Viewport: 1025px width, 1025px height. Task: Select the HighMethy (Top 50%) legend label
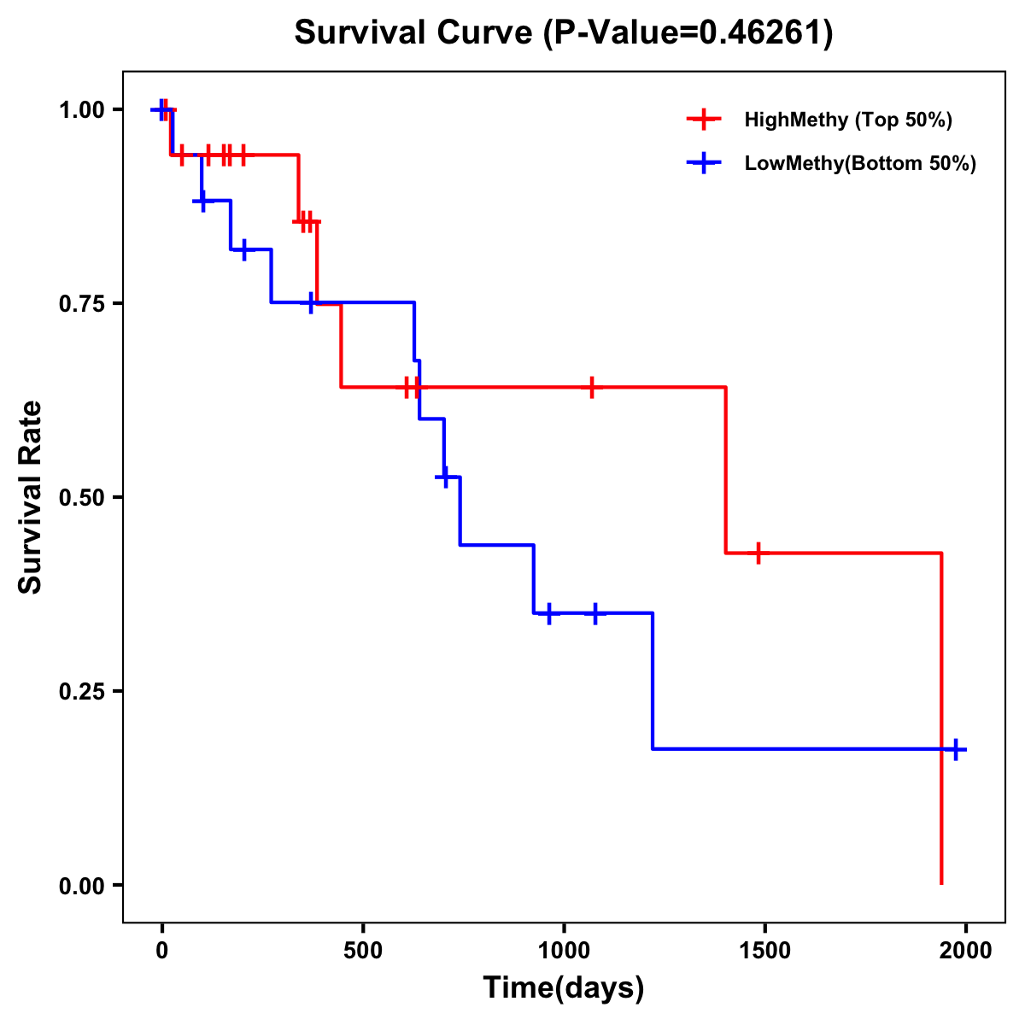click(x=847, y=120)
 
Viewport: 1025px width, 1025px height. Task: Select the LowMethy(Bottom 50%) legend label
click(x=860, y=163)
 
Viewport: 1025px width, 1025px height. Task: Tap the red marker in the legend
click(x=703, y=120)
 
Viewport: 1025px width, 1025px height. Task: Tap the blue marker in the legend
click(x=703, y=163)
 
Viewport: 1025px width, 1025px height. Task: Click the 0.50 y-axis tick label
click(x=81, y=497)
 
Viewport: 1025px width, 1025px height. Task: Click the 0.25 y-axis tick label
click(x=81, y=691)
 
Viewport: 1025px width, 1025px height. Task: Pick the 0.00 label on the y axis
click(x=81, y=885)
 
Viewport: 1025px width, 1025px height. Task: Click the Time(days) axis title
click(x=564, y=988)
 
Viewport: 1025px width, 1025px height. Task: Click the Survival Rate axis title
click(x=31, y=497)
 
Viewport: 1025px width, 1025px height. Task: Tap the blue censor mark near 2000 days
click(x=956, y=749)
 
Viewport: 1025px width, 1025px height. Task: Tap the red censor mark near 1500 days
click(x=757, y=553)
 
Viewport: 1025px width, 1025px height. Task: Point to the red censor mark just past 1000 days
click(x=591, y=387)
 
